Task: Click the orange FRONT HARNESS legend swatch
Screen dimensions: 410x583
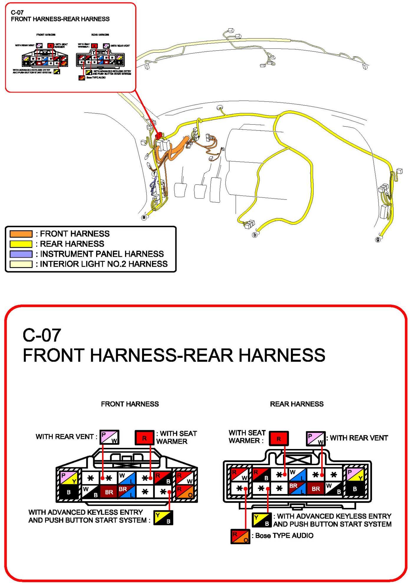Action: (21, 234)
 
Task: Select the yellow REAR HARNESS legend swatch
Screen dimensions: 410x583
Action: (21, 244)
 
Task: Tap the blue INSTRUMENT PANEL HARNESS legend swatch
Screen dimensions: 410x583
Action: (21, 254)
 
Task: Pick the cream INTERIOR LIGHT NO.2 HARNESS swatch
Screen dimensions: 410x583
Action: (21, 264)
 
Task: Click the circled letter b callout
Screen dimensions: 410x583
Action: (255, 235)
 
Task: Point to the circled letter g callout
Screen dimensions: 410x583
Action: (378, 239)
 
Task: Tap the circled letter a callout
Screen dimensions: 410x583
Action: (144, 217)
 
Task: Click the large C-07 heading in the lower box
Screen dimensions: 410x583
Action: (42, 335)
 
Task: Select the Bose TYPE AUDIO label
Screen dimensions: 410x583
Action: (284, 535)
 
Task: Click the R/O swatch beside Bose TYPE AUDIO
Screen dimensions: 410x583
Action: (240, 536)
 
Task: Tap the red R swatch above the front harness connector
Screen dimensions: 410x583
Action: (144, 438)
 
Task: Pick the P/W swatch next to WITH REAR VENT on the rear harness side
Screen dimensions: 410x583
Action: (315, 438)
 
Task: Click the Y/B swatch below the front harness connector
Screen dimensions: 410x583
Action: (163, 518)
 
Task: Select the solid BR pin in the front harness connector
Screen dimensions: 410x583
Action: (109, 492)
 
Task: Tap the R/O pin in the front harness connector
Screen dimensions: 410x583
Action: (184, 492)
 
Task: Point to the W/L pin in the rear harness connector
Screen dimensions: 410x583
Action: (297, 475)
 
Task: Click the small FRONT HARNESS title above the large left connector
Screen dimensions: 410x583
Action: (130, 404)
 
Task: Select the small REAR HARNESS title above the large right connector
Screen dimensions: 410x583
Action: (297, 404)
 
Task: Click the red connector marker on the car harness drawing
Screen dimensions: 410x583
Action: (159, 135)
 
